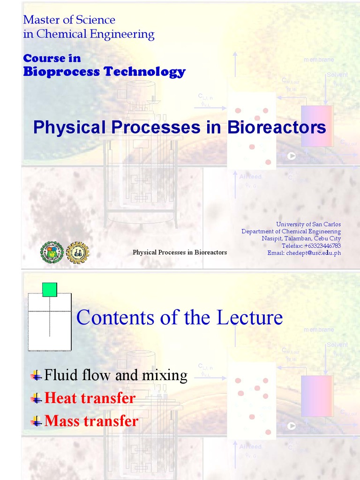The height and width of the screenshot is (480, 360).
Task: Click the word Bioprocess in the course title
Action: coord(62,72)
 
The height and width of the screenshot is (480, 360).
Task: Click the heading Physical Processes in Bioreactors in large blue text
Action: coord(179,127)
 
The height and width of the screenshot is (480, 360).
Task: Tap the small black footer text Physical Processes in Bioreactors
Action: coord(180,252)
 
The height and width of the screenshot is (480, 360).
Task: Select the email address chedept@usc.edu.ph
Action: coord(304,253)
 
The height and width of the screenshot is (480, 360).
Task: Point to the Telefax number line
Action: coord(311,246)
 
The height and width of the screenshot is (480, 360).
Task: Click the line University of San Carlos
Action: coord(308,225)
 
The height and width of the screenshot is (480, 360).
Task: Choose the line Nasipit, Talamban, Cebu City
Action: coord(301,239)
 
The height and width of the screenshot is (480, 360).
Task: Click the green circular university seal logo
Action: coord(52,252)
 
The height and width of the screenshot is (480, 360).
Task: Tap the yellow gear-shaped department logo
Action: coord(77,252)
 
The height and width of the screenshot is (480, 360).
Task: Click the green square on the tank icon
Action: coord(50,290)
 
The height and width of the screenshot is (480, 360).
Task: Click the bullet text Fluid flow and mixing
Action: coord(115,375)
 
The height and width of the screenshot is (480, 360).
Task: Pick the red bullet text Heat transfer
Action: coord(90,398)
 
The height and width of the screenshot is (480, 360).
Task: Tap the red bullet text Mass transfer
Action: coord(91,421)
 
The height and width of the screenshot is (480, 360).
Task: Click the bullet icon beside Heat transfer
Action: coord(36,398)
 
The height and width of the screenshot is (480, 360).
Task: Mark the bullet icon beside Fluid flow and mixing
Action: coord(36,375)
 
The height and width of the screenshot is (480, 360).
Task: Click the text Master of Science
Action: coord(69,20)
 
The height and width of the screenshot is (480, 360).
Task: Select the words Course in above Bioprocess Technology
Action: coord(52,58)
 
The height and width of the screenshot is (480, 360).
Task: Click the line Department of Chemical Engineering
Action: coord(291,232)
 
